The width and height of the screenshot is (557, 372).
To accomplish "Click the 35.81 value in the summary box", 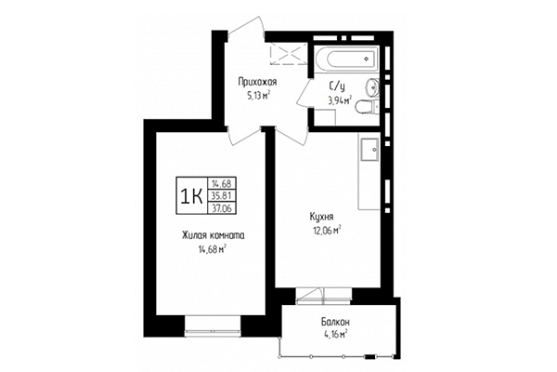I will point(221,196).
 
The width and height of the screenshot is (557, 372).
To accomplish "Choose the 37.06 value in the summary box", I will point(221,209).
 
